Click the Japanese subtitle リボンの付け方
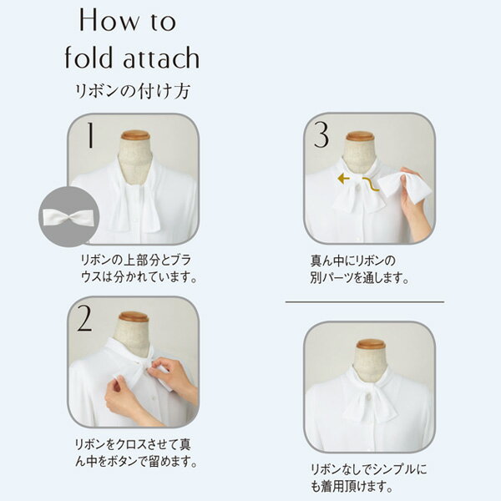[134, 90]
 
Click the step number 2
[85, 318]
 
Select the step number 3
[319, 136]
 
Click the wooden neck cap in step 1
[134, 135]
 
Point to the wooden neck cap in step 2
[134, 318]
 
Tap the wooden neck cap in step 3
[360, 136]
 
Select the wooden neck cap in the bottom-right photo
[370, 344]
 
